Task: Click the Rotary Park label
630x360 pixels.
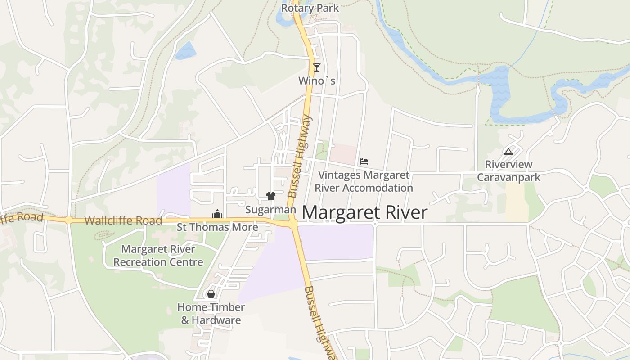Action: pos(310,8)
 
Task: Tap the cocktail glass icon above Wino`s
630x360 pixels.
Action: pos(317,67)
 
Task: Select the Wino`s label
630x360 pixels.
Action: pos(317,81)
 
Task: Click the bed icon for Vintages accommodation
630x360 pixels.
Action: pos(364,162)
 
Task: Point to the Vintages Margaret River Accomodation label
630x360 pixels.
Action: pos(364,181)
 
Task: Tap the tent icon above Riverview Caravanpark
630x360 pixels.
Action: pos(508,152)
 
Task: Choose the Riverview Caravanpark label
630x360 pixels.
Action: pos(508,171)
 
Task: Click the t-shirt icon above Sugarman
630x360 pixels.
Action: pos(270,196)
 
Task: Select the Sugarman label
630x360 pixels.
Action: pos(270,210)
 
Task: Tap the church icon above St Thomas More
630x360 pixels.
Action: pos(217,214)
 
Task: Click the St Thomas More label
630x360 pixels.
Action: pos(217,227)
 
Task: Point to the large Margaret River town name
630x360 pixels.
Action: pos(364,213)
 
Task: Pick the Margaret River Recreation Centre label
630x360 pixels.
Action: pos(158,255)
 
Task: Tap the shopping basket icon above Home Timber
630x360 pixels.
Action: pos(211,294)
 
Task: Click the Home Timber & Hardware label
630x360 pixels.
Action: pos(211,314)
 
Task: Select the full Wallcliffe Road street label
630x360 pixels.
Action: pos(123,220)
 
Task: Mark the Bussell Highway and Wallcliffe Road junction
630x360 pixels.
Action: pos(293,223)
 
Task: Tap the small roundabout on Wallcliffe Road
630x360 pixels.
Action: pos(68,220)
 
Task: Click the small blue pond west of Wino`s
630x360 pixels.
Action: pos(186,50)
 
